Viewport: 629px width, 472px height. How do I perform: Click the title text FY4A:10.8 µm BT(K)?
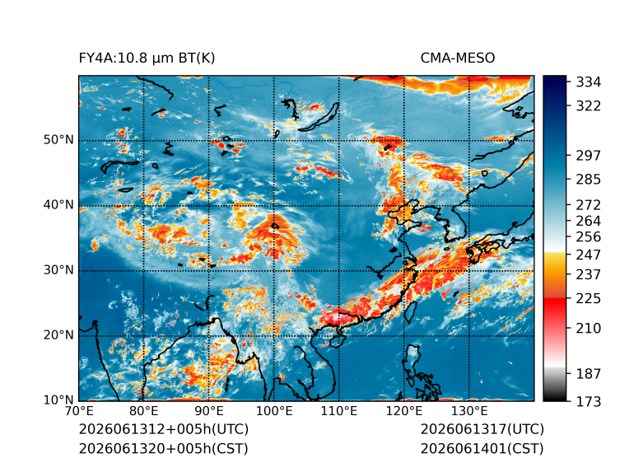(x=147, y=58)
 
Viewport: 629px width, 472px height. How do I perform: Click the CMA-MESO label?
(x=458, y=58)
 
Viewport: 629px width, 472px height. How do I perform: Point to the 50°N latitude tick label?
(x=58, y=140)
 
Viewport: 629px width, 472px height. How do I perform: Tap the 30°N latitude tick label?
(x=58, y=269)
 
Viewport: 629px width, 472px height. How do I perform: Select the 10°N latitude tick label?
(x=58, y=400)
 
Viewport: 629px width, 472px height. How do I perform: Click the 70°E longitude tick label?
(x=79, y=411)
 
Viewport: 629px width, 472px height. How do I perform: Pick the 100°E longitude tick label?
(x=274, y=411)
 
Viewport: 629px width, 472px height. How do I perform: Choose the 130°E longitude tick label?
(x=469, y=411)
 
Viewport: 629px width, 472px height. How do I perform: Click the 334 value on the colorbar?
(x=589, y=82)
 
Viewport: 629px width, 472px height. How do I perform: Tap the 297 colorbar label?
(x=589, y=156)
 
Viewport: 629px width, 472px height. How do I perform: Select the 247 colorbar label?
(x=589, y=255)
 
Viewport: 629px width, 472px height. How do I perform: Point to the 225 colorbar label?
(x=589, y=299)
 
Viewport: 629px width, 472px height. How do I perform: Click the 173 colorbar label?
(x=589, y=401)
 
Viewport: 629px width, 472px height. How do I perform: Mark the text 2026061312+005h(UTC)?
(x=164, y=429)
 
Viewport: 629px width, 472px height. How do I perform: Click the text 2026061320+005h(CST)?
(x=163, y=449)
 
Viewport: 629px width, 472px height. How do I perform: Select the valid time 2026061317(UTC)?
(x=482, y=429)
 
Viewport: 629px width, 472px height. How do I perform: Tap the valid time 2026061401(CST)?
(x=482, y=449)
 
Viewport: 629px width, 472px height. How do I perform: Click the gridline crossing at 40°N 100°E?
(x=274, y=206)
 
